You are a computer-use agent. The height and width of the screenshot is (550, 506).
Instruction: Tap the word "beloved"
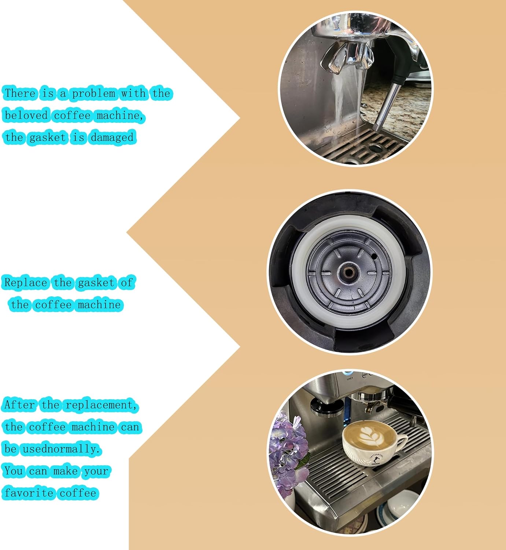point(26,115)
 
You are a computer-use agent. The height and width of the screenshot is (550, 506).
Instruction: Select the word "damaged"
point(112,137)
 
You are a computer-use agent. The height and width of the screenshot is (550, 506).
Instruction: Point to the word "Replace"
point(26,283)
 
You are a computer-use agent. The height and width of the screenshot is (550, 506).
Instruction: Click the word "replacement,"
point(101,405)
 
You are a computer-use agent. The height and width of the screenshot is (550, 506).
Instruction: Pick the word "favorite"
point(29,493)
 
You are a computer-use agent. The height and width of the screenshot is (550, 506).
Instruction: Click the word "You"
point(14,471)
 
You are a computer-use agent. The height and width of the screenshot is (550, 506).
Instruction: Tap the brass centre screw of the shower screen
point(349,272)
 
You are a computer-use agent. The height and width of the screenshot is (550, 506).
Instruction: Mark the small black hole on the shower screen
point(374,256)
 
